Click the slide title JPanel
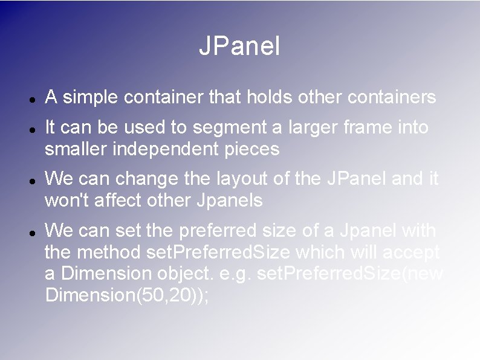click(239, 47)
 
